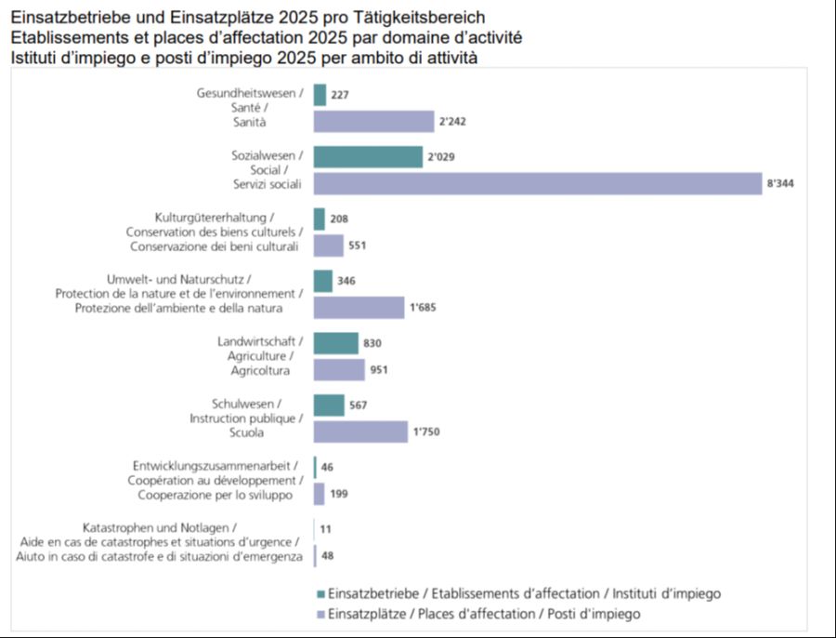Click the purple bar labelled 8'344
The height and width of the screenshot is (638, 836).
(x=537, y=184)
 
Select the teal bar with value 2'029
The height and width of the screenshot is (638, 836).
(x=368, y=157)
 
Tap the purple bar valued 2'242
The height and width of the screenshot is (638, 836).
(x=373, y=122)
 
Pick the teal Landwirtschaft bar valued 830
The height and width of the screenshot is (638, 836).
(x=335, y=343)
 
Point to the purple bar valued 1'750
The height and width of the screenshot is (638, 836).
(x=360, y=432)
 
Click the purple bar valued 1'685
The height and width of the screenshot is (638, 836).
(x=359, y=308)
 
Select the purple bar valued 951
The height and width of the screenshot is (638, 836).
(x=339, y=370)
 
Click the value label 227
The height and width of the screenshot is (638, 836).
(x=339, y=95)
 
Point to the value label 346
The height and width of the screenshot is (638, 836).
(x=346, y=281)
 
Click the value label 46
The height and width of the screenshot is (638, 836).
(x=327, y=467)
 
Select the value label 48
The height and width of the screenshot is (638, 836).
(x=327, y=556)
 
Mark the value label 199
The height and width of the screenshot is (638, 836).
(x=339, y=494)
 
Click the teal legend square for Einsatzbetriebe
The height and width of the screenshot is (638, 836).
(x=320, y=593)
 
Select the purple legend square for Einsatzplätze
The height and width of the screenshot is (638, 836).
(x=320, y=614)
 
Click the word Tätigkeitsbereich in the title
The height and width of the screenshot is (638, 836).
(x=425, y=18)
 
